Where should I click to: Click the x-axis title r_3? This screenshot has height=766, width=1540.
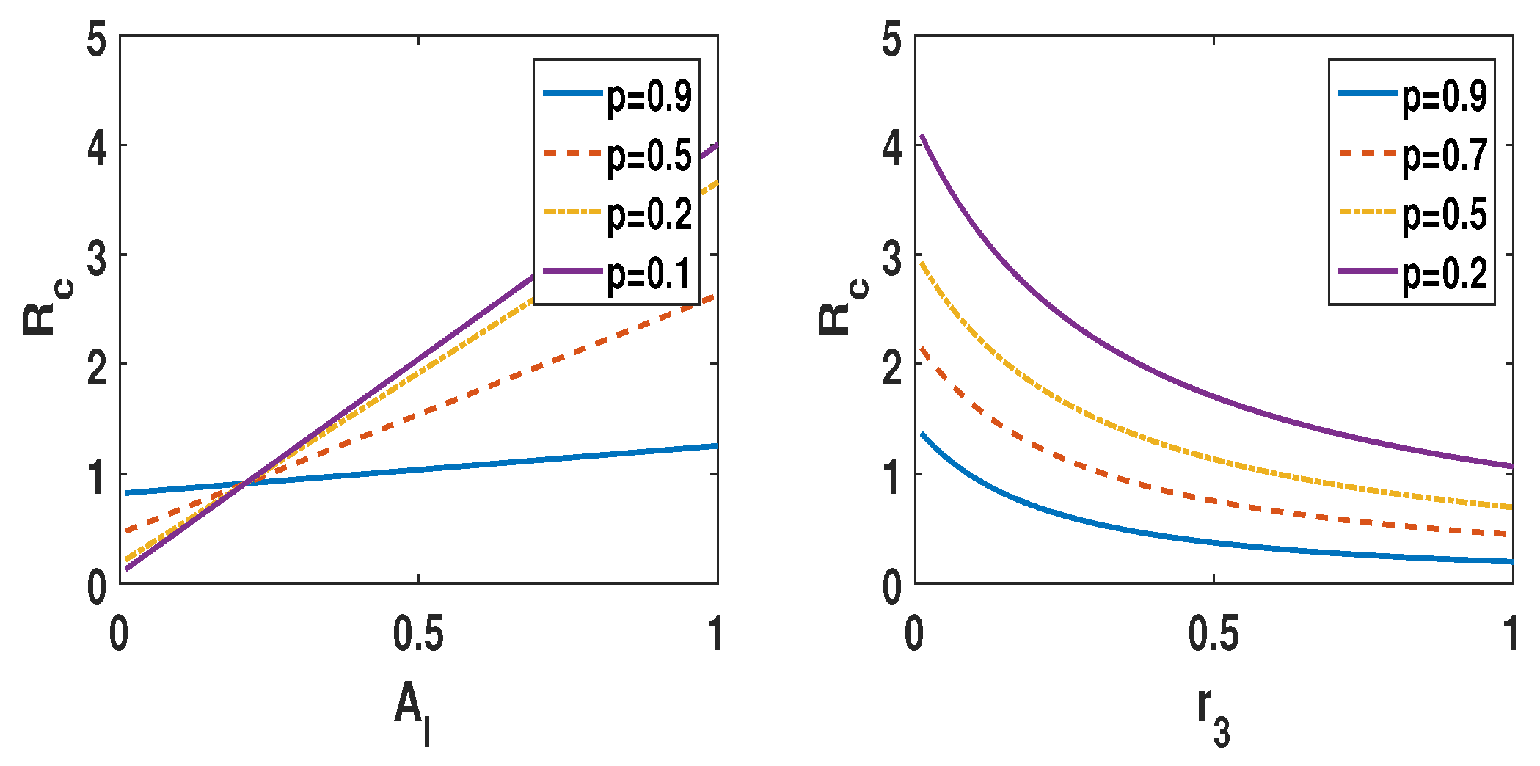pyautogui.click(x=1213, y=715)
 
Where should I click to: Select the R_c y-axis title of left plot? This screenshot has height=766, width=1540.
pyautogui.click(x=47, y=308)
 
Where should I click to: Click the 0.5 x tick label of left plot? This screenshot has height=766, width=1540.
pyautogui.click(x=418, y=633)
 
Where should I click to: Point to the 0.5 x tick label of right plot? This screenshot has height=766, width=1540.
pyautogui.click(x=1214, y=633)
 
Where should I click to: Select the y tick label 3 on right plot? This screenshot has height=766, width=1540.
pyautogui.click(x=892, y=258)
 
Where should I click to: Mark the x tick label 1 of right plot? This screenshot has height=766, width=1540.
pyautogui.click(x=1510, y=633)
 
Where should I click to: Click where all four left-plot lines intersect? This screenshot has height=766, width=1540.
pyautogui.click(x=247, y=483)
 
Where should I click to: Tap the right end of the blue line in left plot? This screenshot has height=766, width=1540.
pyautogui.click(x=716, y=446)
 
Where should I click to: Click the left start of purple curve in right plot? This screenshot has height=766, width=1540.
pyautogui.click(x=922, y=136)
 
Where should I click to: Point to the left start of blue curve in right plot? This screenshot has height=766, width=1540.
pyautogui.click(x=922, y=434)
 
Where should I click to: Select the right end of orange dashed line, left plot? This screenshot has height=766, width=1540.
pyautogui.click(x=715, y=296)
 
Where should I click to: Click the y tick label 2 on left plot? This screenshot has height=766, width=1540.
pyautogui.click(x=97, y=367)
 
